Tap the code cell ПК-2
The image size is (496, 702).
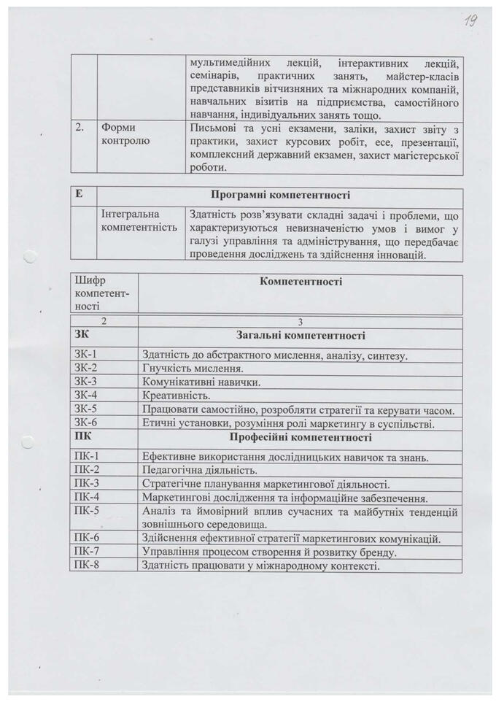tap(87, 470)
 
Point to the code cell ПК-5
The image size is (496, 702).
tap(87, 511)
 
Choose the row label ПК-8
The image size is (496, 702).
tap(87, 565)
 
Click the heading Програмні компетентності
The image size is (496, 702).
tap(280, 196)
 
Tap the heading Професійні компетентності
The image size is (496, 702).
tap(301, 438)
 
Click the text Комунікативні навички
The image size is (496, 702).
tap(201, 382)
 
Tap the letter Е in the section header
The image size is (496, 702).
tap(80, 196)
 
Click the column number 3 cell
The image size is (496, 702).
tap(300, 322)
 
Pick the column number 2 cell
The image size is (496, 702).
tap(104, 322)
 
